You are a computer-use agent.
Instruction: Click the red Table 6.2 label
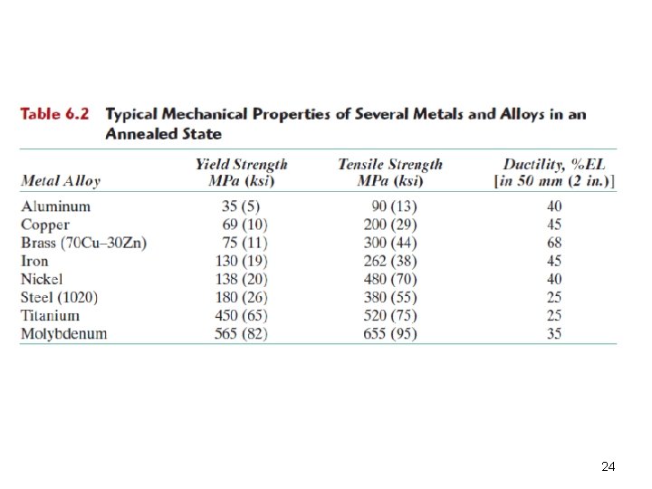[54, 114]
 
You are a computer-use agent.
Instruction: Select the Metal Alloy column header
[61, 181]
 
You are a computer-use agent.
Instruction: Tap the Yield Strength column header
[242, 173]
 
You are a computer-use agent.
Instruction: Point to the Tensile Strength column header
[390, 173]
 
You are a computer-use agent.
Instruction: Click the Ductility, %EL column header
[554, 173]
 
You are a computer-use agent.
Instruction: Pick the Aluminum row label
[56, 206]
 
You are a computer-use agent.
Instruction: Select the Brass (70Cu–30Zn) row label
[84, 243]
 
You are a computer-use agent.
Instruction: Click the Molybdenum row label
[64, 333]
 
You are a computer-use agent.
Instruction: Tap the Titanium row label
[51, 316]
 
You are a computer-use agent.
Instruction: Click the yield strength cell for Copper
[244, 225]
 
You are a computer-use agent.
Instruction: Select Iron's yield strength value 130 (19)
[242, 261]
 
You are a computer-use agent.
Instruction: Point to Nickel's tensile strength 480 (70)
[390, 279]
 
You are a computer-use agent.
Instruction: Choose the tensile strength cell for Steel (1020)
[390, 297]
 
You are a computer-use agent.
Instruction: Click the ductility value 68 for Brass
[554, 243]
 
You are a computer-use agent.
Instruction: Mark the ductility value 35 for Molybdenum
[554, 333]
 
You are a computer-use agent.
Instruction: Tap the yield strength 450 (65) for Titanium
[241, 316]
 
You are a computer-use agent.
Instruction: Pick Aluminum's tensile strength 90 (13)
[394, 206]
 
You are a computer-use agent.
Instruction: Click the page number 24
[609, 466]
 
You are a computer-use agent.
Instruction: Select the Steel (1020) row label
[60, 298]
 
